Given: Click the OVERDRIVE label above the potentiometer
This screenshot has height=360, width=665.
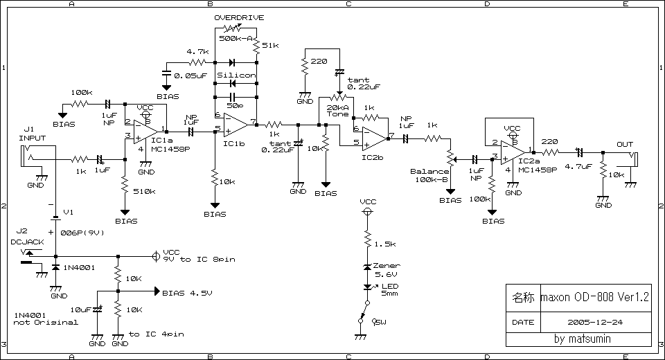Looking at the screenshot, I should (239, 17).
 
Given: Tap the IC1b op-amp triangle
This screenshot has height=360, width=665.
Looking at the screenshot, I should (235, 125).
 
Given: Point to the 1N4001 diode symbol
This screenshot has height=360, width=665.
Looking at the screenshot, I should (55, 267).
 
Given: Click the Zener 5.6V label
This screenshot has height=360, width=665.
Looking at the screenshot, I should (386, 270).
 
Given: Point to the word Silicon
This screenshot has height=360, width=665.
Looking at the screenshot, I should (236, 75).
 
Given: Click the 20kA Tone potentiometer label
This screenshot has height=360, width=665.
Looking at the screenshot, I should (338, 111).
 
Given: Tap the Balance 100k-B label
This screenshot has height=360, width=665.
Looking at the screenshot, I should (429, 175).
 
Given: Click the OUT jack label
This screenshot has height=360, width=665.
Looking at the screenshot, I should (625, 144).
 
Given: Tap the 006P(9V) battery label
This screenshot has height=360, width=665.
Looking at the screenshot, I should (83, 233).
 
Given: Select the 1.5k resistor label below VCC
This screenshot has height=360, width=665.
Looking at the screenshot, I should (385, 244).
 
